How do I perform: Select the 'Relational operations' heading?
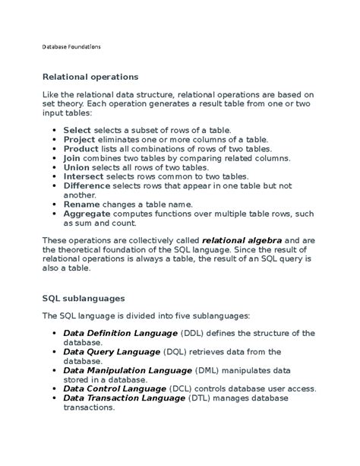coord(90,77)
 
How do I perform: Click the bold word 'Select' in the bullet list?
coord(77,131)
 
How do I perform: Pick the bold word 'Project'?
coord(79,140)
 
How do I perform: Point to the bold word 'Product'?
coord(81,149)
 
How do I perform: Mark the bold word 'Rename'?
coord(80,204)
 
